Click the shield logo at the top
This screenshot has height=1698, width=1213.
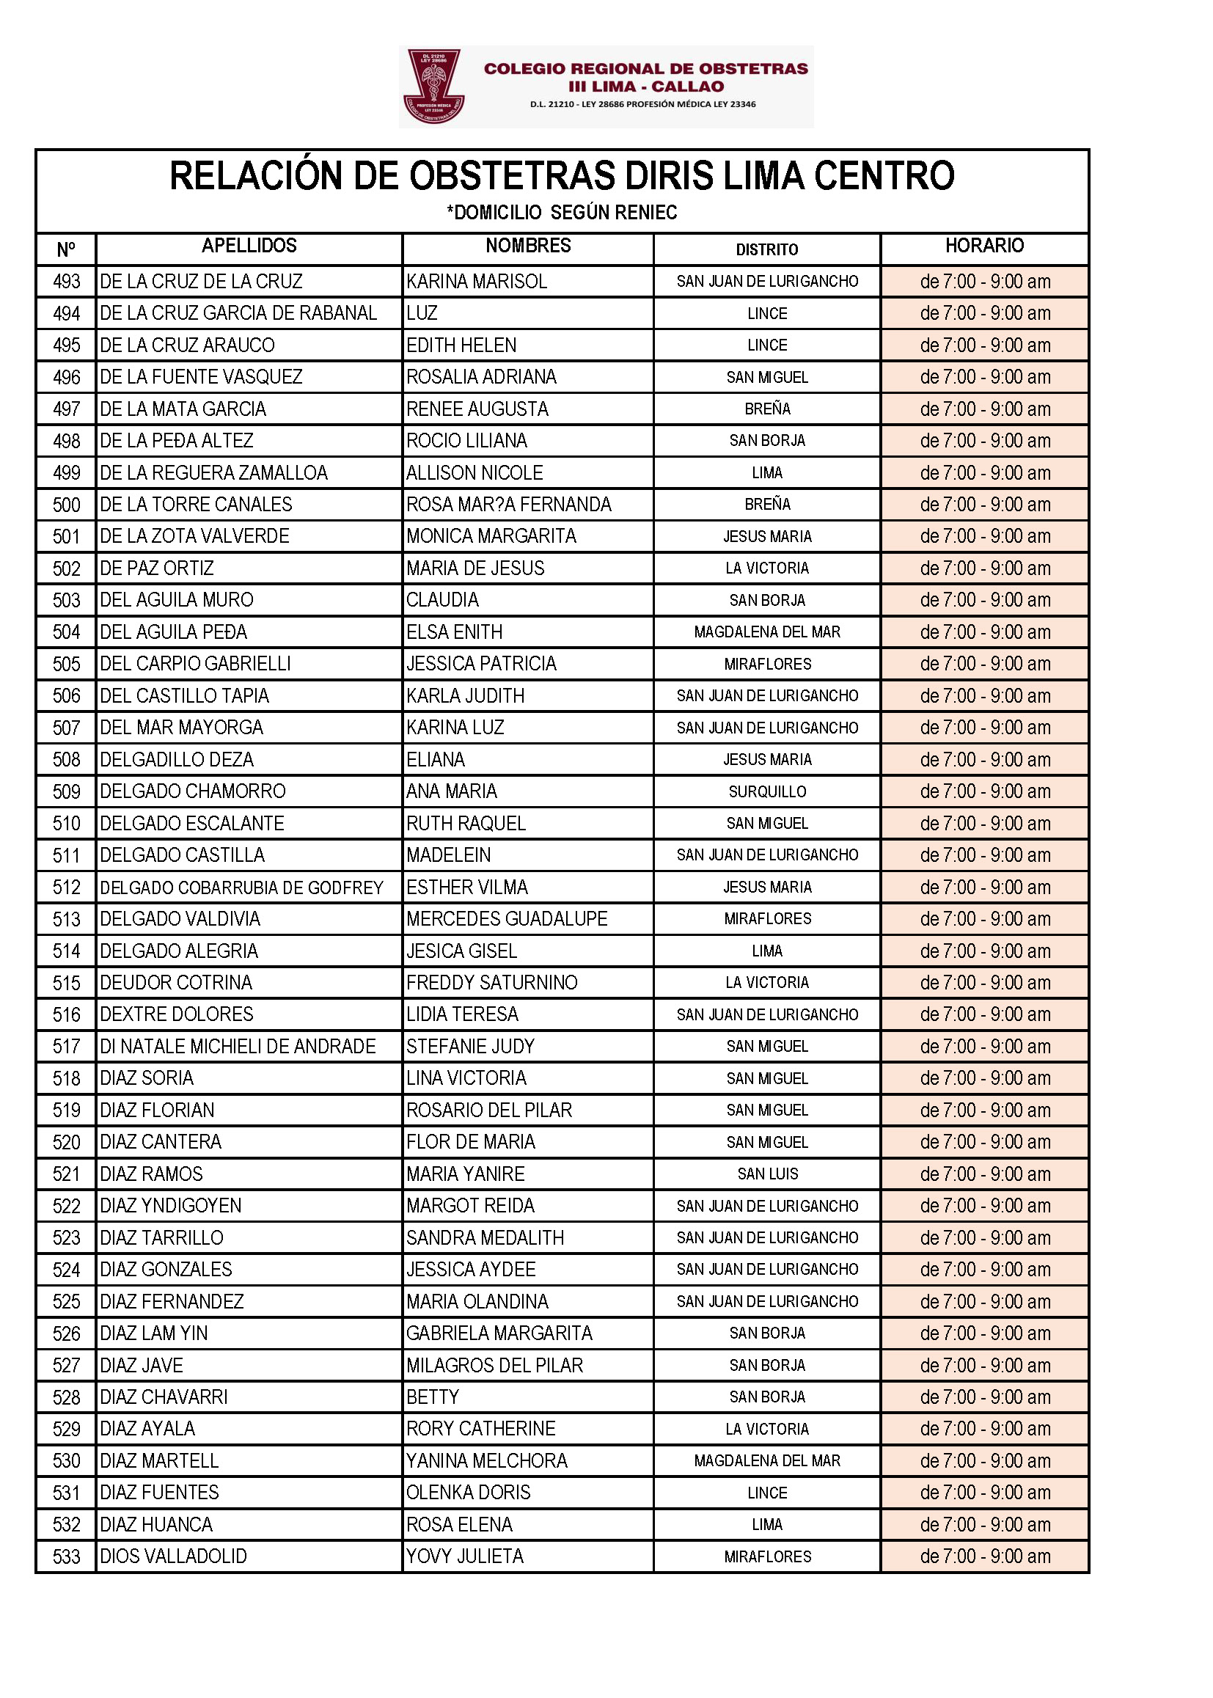pyautogui.click(x=434, y=86)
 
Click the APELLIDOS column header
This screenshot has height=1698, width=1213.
pyautogui.click(x=249, y=246)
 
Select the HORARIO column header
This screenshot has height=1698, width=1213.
pyautogui.click(x=983, y=246)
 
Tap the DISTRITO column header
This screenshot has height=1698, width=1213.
pyautogui.click(x=766, y=249)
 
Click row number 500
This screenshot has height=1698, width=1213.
pyautogui.click(x=67, y=505)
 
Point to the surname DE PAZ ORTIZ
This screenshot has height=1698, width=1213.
pyautogui.click(x=157, y=568)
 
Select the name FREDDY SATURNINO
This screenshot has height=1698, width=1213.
pyautogui.click(x=491, y=982)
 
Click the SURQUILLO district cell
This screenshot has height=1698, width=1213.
pyautogui.click(x=767, y=791)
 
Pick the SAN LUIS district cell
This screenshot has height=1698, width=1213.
pyautogui.click(x=767, y=1174)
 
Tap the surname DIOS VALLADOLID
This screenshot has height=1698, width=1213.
pyautogui.click(x=173, y=1556)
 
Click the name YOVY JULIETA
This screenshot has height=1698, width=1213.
pyautogui.click(x=464, y=1556)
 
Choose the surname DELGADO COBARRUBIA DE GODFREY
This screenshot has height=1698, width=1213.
pyautogui.click(x=241, y=888)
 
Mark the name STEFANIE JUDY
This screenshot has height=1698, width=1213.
pyautogui.click(x=471, y=1046)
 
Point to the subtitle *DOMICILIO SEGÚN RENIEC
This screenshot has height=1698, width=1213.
pyautogui.click(x=562, y=213)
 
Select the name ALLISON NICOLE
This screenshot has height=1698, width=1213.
pyautogui.click(x=474, y=473)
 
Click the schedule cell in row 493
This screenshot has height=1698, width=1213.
pyautogui.click(x=984, y=282)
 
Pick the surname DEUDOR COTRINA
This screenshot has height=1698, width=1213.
pyautogui.click(x=176, y=982)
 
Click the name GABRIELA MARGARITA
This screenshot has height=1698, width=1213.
pyautogui.click(x=499, y=1333)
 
